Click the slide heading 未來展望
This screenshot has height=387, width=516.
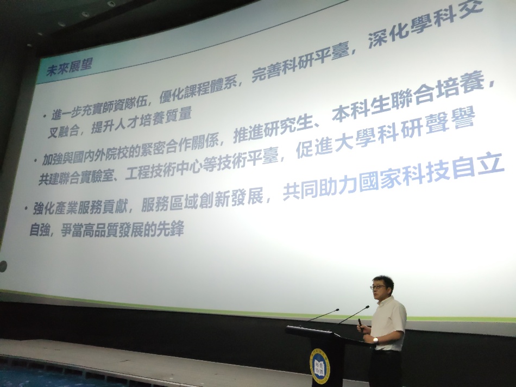(x=69, y=67)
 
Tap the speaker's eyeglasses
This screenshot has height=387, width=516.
(x=377, y=287)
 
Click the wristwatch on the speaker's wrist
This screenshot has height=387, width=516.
(x=375, y=340)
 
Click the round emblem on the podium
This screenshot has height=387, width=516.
(x=318, y=366)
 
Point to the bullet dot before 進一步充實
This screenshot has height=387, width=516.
(x=45, y=116)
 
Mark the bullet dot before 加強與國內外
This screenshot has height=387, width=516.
(x=35, y=161)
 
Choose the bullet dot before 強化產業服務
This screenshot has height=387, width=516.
(x=26, y=208)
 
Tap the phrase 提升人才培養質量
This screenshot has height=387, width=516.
(x=142, y=119)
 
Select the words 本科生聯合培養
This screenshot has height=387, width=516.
(x=408, y=96)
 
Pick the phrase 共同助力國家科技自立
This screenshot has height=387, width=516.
(x=393, y=177)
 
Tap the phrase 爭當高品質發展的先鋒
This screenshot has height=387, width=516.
(x=122, y=229)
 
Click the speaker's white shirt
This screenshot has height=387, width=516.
(x=389, y=324)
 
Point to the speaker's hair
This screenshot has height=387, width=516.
(x=383, y=280)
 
